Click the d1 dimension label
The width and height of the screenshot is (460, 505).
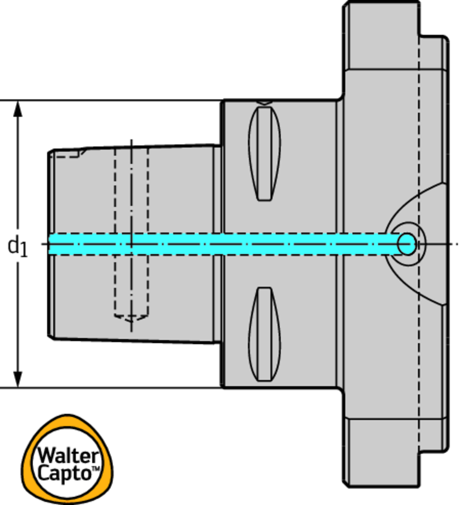[18, 246]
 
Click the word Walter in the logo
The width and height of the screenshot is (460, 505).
[68, 455]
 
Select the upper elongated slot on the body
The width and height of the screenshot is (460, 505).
[265, 153]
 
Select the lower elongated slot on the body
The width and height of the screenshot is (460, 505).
[265, 334]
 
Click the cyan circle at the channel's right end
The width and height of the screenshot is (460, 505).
[407, 244]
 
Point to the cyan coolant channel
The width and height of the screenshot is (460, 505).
[222, 244]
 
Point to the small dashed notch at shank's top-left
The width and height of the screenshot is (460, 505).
[69, 154]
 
